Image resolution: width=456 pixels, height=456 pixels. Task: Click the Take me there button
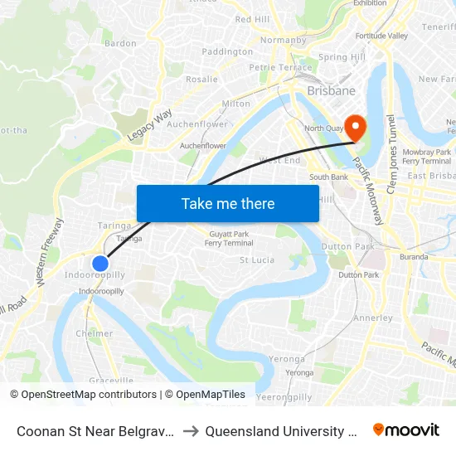pos(228,203)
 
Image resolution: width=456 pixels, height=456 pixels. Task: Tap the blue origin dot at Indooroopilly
pos(100,264)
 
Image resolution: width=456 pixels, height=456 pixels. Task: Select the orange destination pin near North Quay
pos(355,127)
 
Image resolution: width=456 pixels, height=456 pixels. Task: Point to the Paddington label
pos(227,51)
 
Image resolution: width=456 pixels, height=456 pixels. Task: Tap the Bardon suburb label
pos(120,43)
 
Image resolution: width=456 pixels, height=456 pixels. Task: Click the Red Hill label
pos(252,19)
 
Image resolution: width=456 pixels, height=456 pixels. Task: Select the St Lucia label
pos(257,260)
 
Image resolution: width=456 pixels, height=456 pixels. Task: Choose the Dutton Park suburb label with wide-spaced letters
pos(348,246)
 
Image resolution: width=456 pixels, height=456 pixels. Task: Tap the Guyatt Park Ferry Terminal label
pos(230,239)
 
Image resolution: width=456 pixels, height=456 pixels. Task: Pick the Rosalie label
pos(202,80)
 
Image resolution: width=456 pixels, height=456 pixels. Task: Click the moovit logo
pos(406,430)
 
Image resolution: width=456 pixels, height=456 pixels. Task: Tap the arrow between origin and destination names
pos(191,431)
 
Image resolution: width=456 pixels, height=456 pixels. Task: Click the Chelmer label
pos(95,333)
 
